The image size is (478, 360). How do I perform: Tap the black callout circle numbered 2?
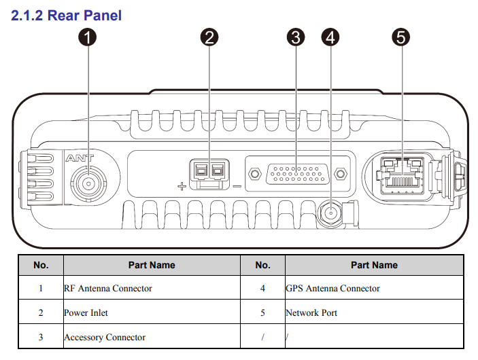point(209,37)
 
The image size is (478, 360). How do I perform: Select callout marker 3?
point(295,37)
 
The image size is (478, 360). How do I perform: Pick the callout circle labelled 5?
point(401,37)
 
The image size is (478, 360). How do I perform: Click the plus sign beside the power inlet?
point(182,184)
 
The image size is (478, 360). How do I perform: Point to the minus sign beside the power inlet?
point(237,184)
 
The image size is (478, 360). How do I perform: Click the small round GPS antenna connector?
point(331,214)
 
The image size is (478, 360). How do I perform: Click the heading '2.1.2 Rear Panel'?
point(67,14)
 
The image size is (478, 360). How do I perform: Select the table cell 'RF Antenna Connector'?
point(108,289)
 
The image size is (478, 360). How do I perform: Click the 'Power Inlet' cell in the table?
point(86,313)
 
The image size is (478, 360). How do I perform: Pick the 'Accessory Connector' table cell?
point(105,337)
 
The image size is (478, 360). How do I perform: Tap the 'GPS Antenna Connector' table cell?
point(332,289)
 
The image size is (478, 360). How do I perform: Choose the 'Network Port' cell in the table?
point(311,313)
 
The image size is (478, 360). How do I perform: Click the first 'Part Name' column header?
point(152,265)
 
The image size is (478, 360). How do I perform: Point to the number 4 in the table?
point(263,289)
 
